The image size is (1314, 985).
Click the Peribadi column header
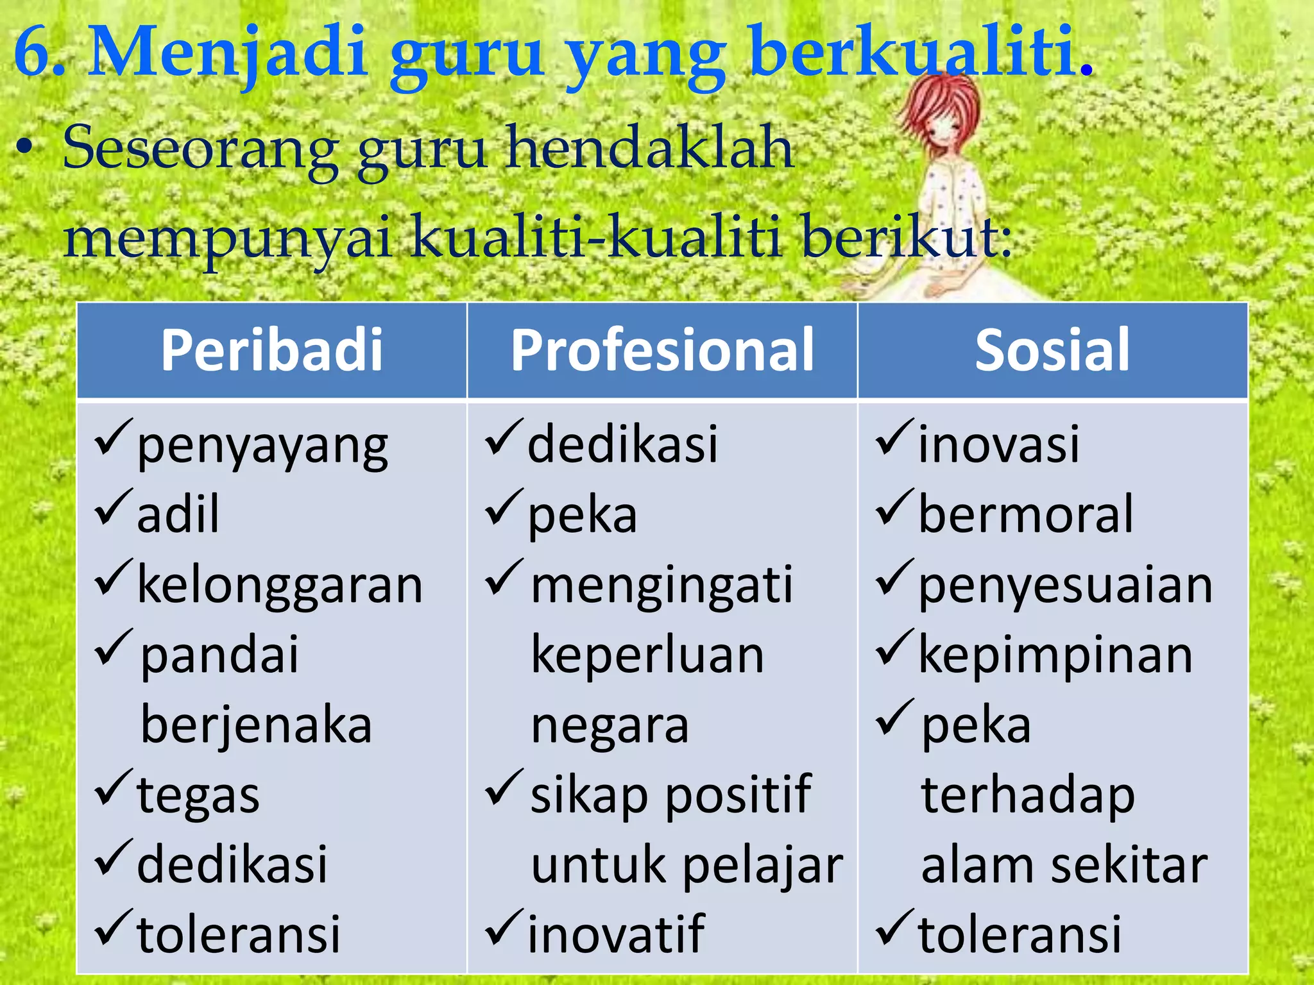coord(271,350)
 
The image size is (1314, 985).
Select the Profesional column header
coord(662,350)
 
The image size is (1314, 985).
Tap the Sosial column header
coord(1052,350)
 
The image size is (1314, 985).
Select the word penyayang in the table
coord(262,446)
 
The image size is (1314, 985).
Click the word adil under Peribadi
coord(178,515)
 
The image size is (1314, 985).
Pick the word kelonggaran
coord(280,585)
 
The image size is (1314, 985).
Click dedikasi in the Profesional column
coord(622,444)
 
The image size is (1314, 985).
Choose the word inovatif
coord(616,934)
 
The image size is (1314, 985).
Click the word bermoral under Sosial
coord(1026,515)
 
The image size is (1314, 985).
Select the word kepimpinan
coord(1055,655)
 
